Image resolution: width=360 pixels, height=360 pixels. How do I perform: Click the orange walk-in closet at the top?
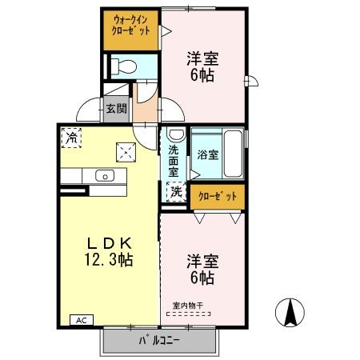(x=131, y=30)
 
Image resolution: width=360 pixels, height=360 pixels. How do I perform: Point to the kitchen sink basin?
(x=103, y=175)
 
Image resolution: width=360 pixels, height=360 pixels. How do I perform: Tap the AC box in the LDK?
(x=81, y=320)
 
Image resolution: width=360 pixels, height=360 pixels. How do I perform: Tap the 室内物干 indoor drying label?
(x=188, y=305)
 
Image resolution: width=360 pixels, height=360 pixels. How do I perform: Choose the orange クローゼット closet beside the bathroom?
(x=218, y=195)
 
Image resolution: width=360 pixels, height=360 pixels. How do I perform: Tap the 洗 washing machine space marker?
(x=174, y=192)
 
